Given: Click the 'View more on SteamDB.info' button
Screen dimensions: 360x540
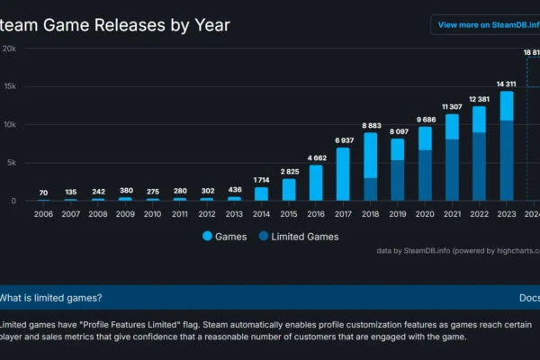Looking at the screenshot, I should click(x=486, y=25).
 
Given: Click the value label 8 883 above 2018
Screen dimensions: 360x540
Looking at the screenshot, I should click(x=370, y=125).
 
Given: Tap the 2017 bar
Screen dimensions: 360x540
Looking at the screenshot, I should click(x=343, y=175).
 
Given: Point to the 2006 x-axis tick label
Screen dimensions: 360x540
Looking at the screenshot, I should click(x=42, y=214).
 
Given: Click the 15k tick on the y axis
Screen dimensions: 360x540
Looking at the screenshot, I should click(x=9, y=87).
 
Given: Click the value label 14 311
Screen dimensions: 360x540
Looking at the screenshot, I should click(x=507, y=84).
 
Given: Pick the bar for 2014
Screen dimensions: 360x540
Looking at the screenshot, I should click(x=261, y=193).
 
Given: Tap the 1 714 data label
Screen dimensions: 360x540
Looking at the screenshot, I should click(x=261, y=180).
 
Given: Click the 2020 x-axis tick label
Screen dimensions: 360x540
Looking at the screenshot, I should click(x=425, y=214).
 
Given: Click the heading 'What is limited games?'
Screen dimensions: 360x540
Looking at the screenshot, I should click(x=51, y=298).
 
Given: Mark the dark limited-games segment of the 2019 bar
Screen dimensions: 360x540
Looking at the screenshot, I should click(x=398, y=181).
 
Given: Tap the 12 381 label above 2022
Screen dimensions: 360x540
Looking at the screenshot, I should click(x=479, y=98).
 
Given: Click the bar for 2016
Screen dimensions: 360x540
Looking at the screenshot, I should click(x=316, y=184).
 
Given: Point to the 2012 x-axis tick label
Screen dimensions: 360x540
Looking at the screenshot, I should click(x=206, y=214).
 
